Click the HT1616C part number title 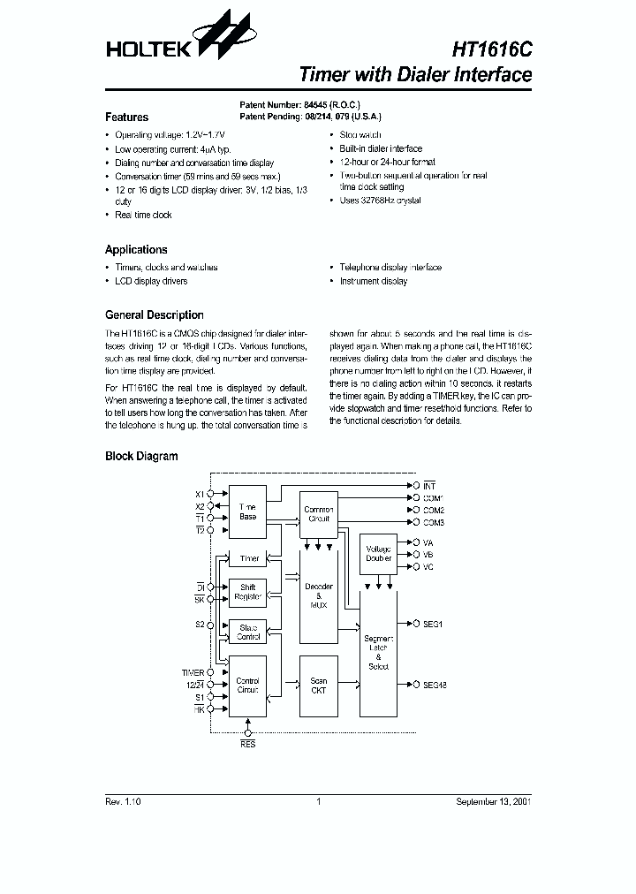[x=492, y=49]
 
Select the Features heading [x=126, y=117]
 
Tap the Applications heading [x=136, y=250]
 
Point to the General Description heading [x=154, y=315]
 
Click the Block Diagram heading [x=141, y=457]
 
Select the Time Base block [x=247, y=511]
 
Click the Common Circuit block [x=319, y=514]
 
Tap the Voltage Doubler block [x=379, y=553]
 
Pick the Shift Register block [x=247, y=592]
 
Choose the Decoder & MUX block [x=319, y=595]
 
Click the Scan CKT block [x=319, y=686]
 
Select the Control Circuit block [x=247, y=686]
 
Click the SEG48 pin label [x=435, y=685]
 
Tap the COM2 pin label [x=433, y=511]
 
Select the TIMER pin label [x=193, y=673]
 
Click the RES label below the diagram [x=248, y=746]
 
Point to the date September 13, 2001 [x=493, y=801]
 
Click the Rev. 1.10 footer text [x=123, y=801]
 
